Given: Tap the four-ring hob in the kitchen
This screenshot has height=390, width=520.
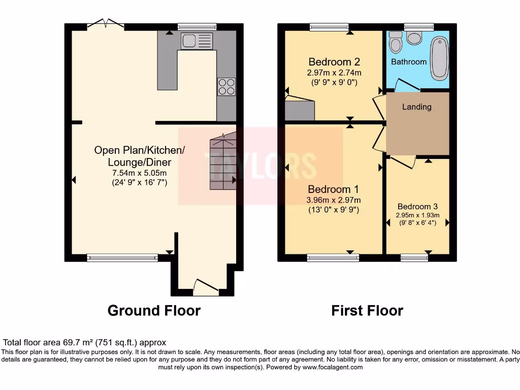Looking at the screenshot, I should click(x=226, y=86).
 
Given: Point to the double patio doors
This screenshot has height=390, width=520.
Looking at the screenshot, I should click(x=105, y=24).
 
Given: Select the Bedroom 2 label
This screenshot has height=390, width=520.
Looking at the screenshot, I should click(x=334, y=62).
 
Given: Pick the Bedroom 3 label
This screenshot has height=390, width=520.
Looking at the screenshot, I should click(x=417, y=207).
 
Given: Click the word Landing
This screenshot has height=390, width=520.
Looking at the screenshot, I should click(x=416, y=107).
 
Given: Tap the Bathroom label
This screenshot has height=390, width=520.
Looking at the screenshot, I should click(x=409, y=61).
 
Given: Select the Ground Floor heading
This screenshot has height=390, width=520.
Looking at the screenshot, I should click(x=154, y=310).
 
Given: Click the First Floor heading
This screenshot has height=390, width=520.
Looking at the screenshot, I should click(x=367, y=310).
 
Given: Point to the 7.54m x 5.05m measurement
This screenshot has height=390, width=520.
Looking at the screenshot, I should click(x=139, y=173).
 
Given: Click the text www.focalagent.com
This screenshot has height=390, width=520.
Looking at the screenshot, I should click(x=333, y=367).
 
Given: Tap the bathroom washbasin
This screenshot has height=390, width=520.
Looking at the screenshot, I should click(x=395, y=43).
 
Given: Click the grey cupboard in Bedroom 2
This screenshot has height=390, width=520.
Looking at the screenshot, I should click(x=300, y=109).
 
